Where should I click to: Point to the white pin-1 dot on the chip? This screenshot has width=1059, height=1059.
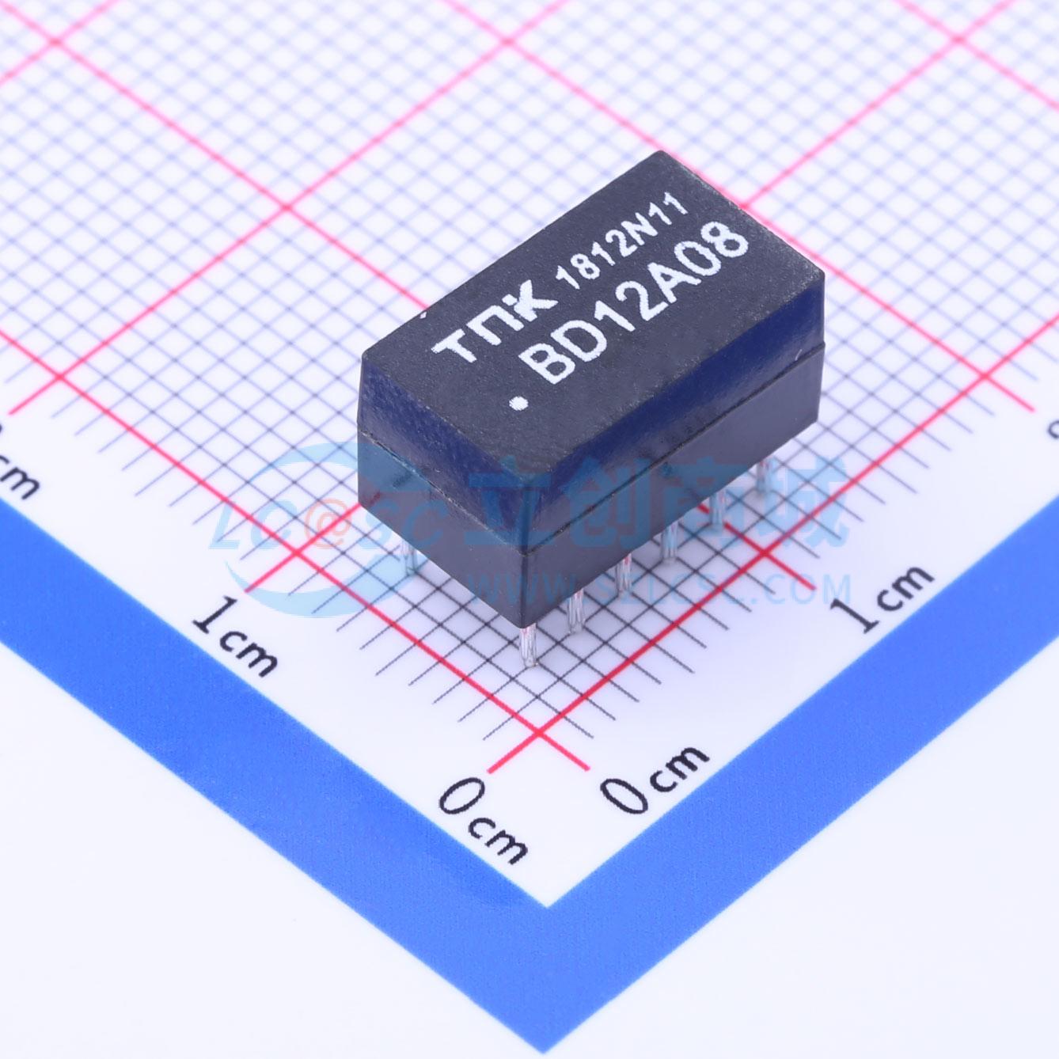coord(520,404)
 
